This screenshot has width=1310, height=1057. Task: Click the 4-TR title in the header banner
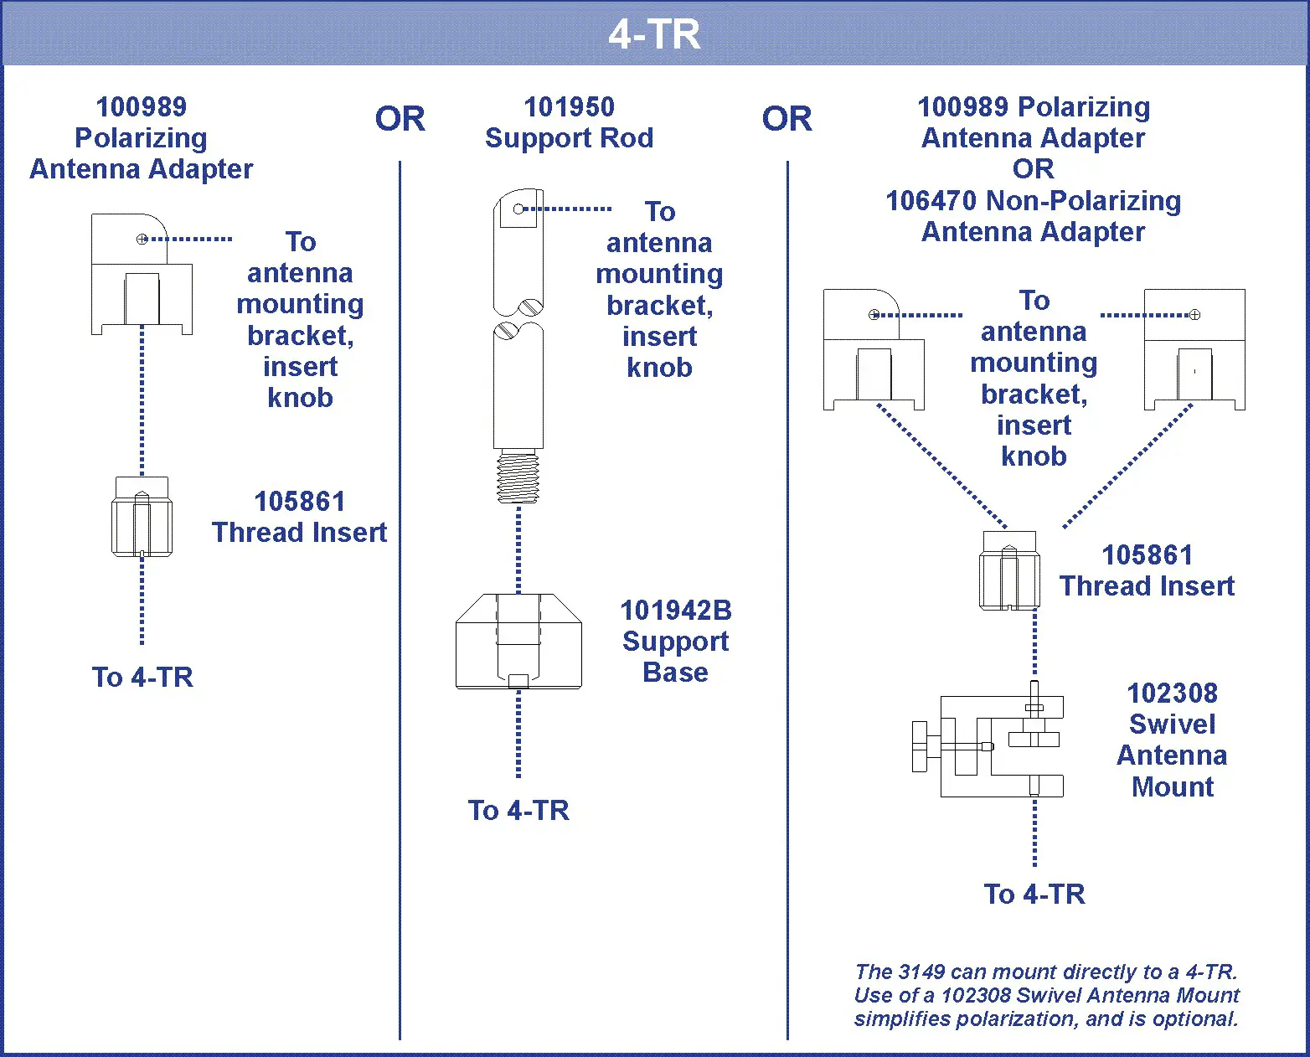tap(654, 35)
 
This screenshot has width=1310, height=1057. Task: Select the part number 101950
tap(569, 107)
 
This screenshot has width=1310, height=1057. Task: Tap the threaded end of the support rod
tap(518, 477)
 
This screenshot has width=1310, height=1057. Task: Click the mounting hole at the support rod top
tap(518, 209)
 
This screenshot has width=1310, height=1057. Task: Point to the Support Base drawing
tap(518, 642)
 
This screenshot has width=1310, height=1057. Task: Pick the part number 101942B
tap(675, 611)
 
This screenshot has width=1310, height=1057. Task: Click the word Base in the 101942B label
tap(675, 673)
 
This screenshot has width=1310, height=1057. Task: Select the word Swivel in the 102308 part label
tap(1172, 724)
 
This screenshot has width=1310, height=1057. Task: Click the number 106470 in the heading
tap(931, 201)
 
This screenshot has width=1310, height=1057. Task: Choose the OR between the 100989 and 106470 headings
tap(1033, 169)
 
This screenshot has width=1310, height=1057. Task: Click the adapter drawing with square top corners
tap(1194, 350)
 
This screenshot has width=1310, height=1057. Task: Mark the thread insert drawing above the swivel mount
tap(1010, 570)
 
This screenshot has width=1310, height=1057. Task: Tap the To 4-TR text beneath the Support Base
tap(518, 811)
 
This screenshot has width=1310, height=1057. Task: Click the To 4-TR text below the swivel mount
tap(1034, 895)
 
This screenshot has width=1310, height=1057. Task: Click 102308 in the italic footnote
tap(976, 996)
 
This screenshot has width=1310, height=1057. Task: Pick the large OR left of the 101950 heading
tap(400, 119)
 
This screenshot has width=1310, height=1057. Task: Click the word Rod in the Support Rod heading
tap(627, 138)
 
